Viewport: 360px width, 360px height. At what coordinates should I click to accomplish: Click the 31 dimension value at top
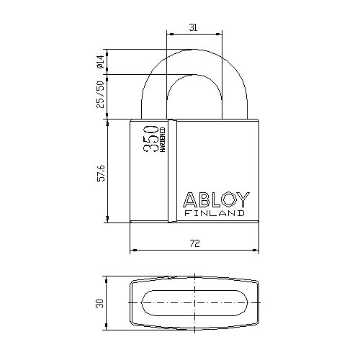pos(193,27)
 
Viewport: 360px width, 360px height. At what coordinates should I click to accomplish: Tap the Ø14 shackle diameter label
pos(101,61)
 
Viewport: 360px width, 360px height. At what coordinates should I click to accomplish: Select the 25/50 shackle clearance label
pos(101,94)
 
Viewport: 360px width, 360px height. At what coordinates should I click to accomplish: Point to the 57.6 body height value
pos(102,173)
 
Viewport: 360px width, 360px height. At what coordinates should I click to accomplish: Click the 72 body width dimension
pos(194,243)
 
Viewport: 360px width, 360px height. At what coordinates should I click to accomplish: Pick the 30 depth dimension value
pos(99,303)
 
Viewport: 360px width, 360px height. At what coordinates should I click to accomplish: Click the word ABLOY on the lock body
pos(216,199)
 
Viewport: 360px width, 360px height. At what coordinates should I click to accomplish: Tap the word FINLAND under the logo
pos(215,213)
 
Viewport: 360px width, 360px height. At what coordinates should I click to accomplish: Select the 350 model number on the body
pos(151,139)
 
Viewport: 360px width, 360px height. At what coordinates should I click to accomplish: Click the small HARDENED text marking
pos(163,140)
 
